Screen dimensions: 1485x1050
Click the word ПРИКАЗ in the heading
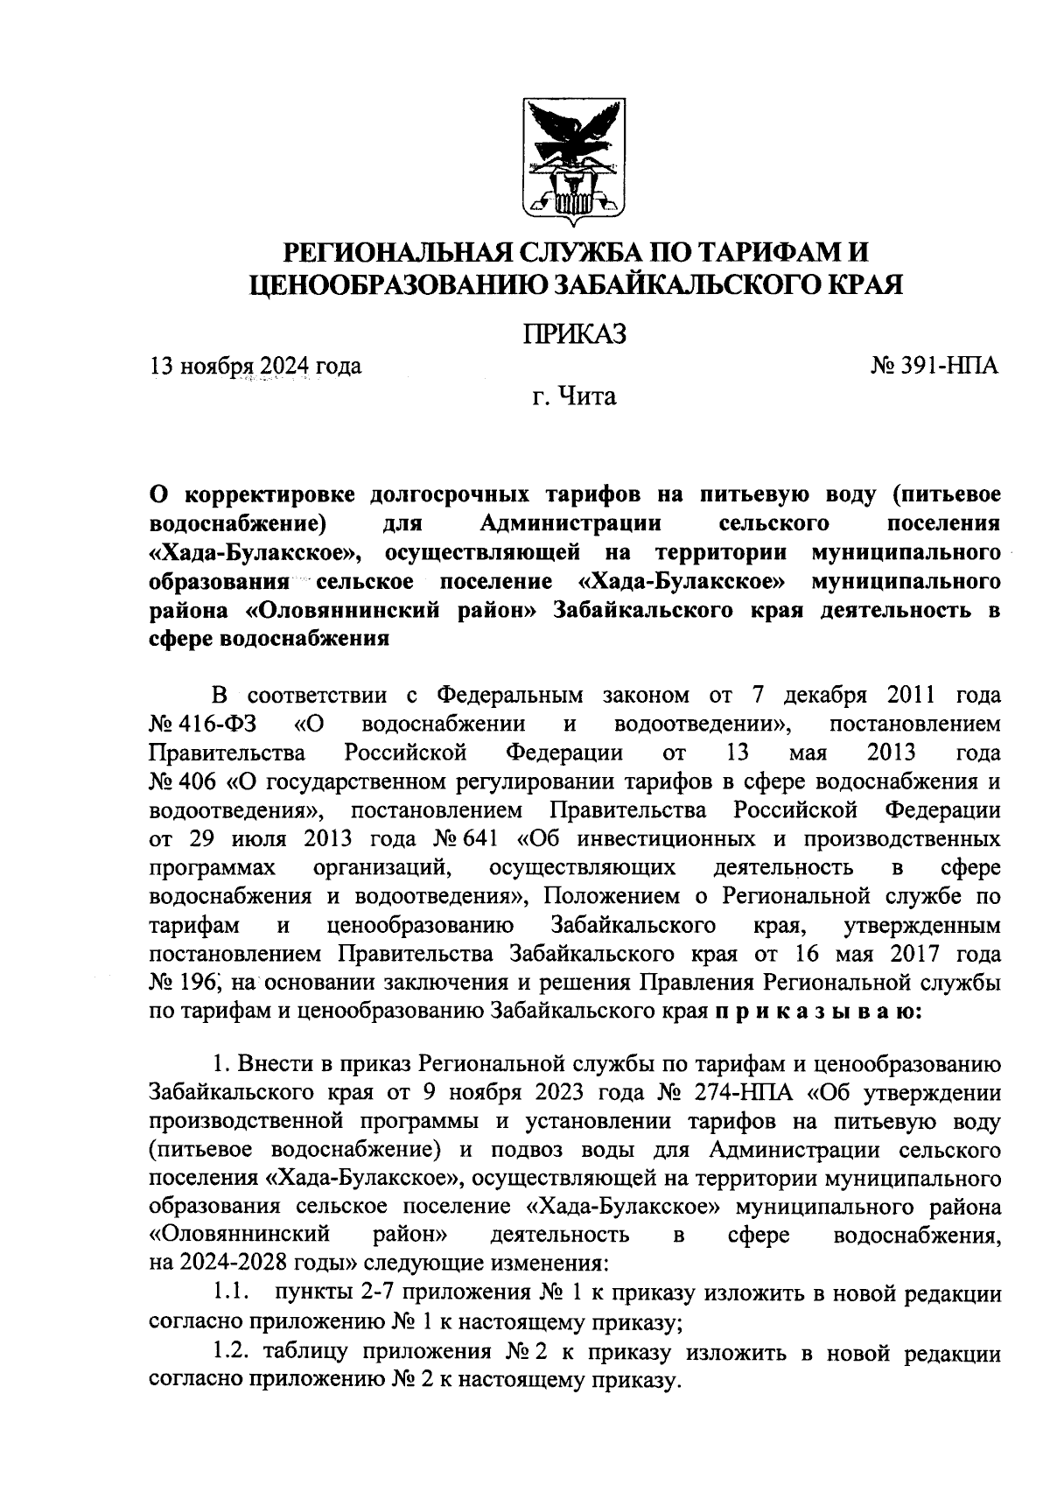click(x=575, y=334)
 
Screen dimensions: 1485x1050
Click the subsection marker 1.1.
click(x=233, y=1292)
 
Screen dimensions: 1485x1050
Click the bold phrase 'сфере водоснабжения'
click(x=269, y=639)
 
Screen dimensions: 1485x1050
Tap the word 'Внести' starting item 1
click(x=276, y=1064)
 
